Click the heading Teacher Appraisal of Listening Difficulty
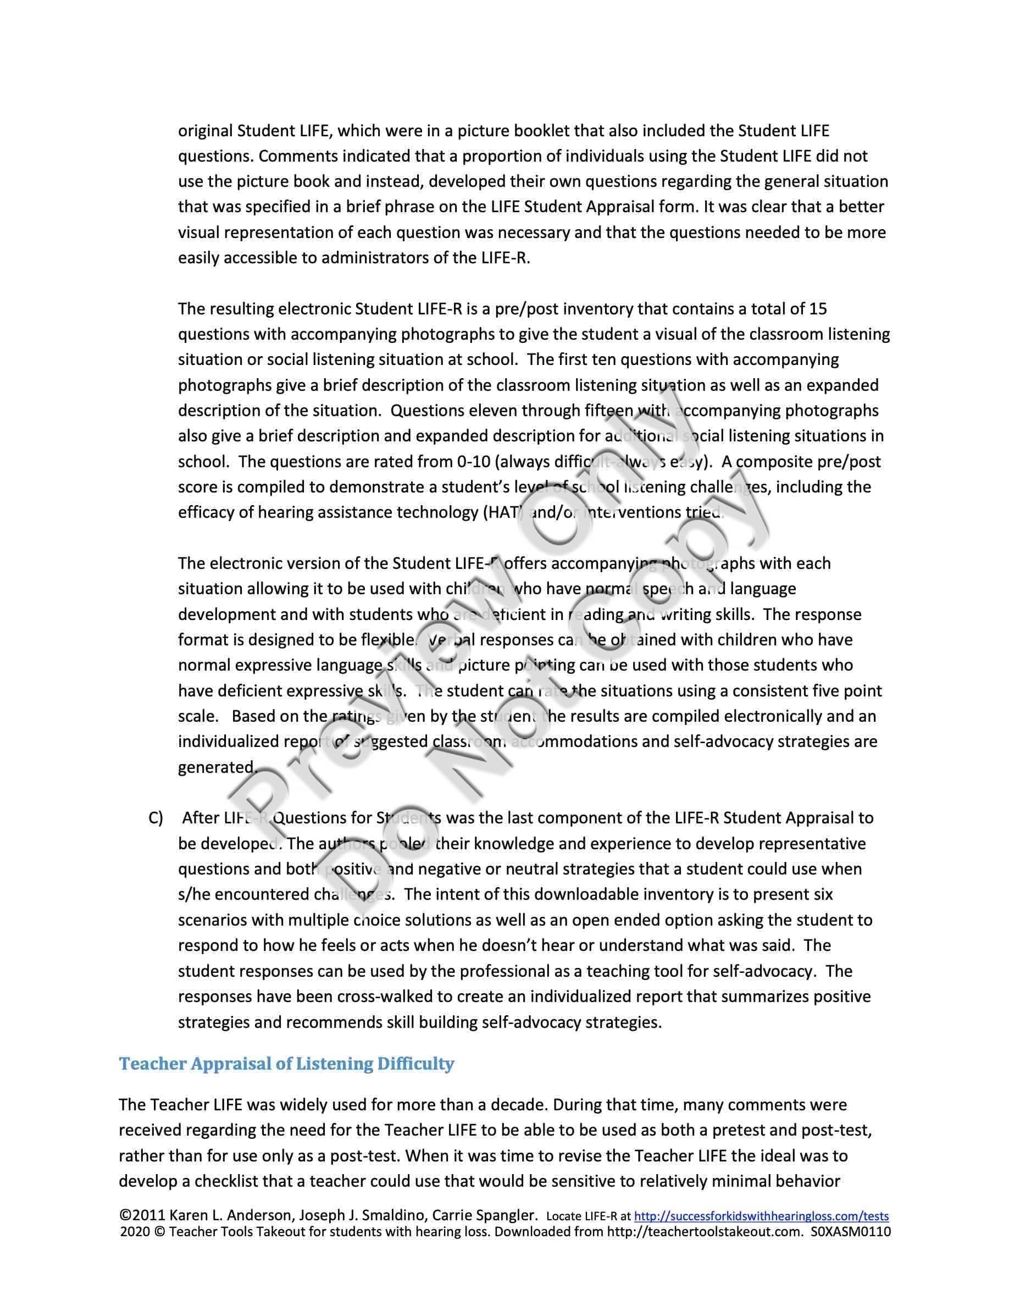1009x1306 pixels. click(x=286, y=1064)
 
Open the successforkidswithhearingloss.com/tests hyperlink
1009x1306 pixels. click(x=761, y=1216)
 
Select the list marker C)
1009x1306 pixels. click(x=156, y=818)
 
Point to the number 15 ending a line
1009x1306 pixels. click(x=817, y=309)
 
